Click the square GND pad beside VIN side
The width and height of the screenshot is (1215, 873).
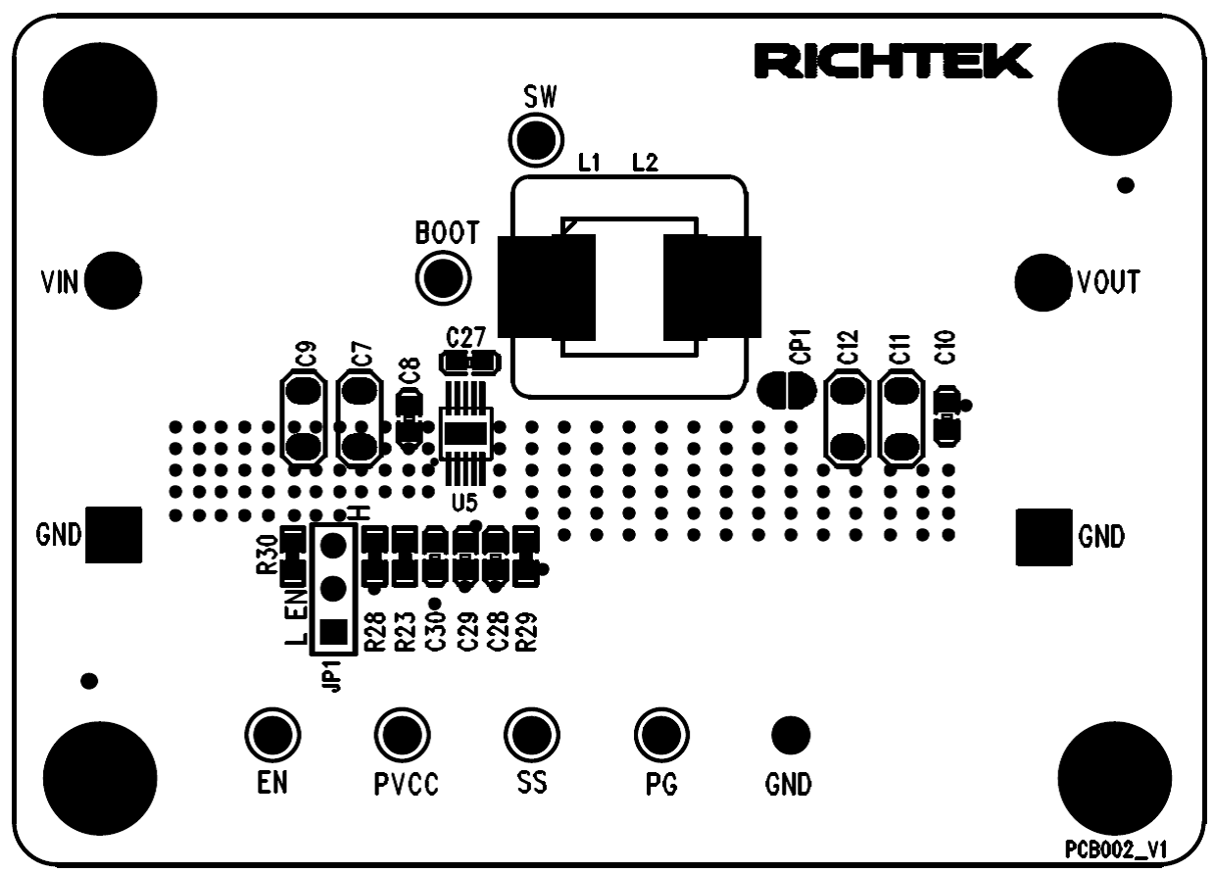pyautogui.click(x=112, y=536)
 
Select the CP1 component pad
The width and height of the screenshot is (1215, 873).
pyautogui.click(x=786, y=390)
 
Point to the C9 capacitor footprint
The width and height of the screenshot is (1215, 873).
pyautogui.click(x=305, y=418)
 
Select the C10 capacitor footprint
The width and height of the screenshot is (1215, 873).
pyautogui.click(x=947, y=415)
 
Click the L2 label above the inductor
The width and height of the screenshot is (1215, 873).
pyautogui.click(x=645, y=164)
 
